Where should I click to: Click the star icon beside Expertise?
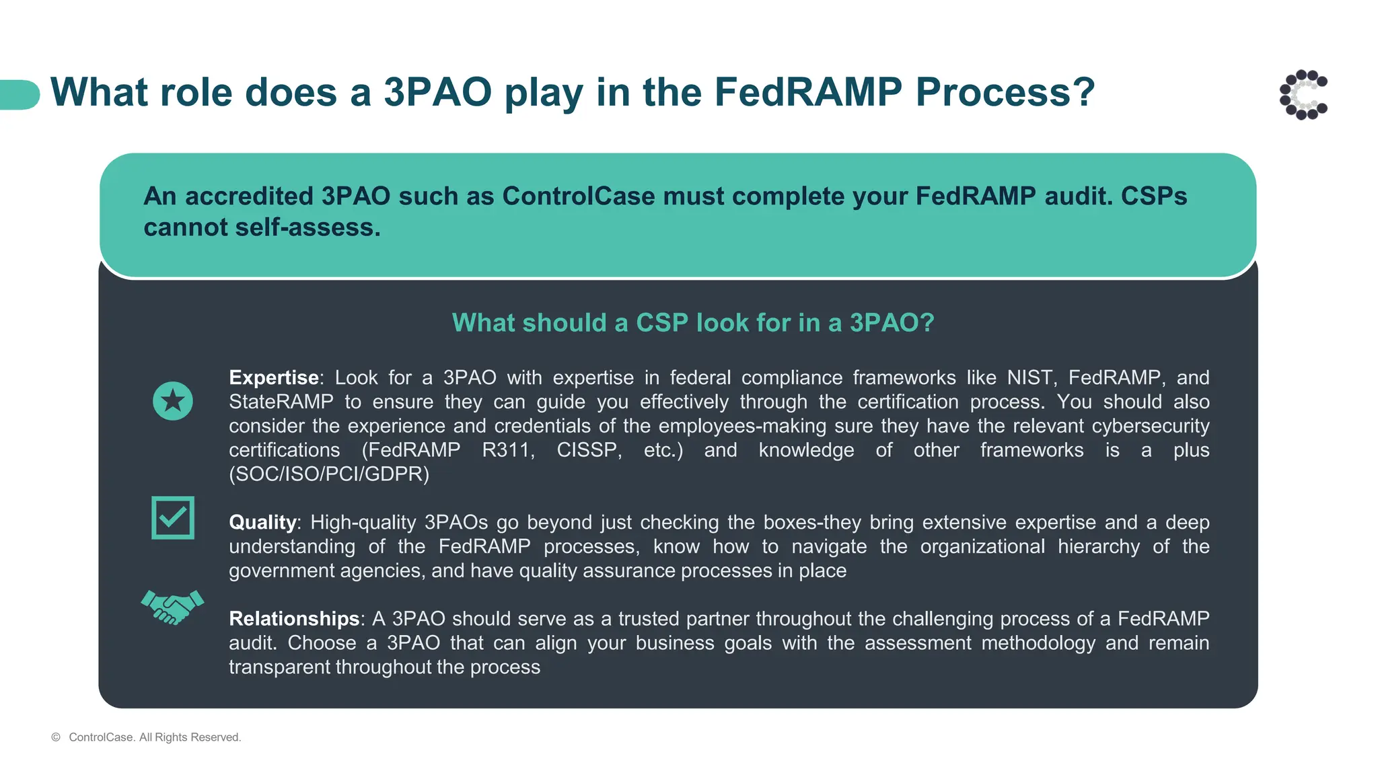coord(173,401)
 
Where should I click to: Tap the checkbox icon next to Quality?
coord(173,517)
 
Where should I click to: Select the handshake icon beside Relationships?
coord(172,607)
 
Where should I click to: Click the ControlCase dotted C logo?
coord(1303,95)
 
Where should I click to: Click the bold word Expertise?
coord(273,377)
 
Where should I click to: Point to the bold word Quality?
coord(262,522)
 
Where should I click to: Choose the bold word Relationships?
coord(294,618)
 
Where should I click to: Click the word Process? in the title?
coord(1005,92)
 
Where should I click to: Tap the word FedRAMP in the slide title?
coord(807,92)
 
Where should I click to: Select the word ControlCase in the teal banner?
coord(579,196)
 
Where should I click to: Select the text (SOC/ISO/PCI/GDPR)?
coord(329,474)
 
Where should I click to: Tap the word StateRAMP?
coord(281,402)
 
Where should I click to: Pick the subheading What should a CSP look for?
coord(693,323)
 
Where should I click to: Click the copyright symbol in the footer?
coord(56,737)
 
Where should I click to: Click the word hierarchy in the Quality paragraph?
coord(1098,546)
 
